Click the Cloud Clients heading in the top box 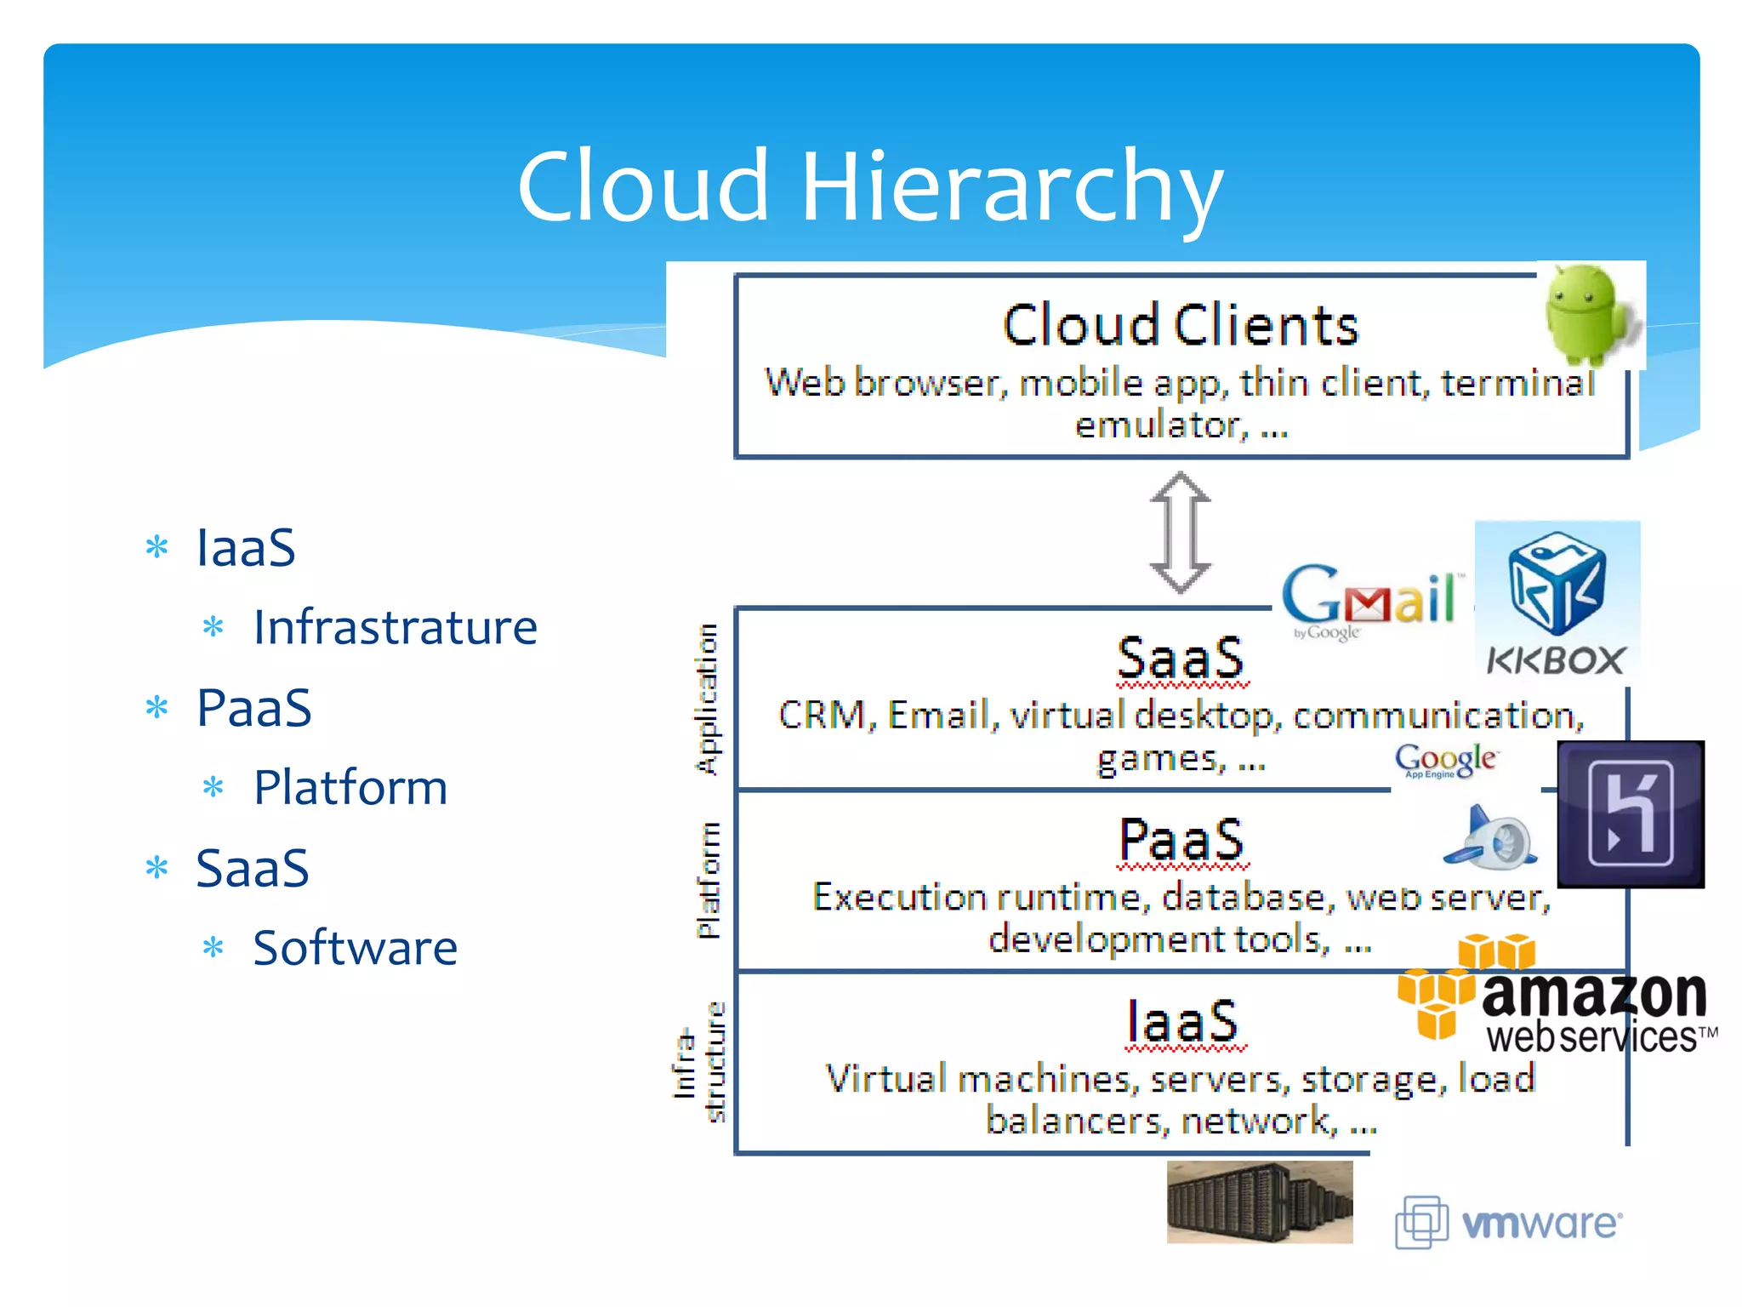(x=1180, y=325)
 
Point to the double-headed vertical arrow (x=1180, y=533)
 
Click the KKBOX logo (x=1557, y=601)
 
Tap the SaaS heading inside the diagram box (x=1180, y=658)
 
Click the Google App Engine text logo (x=1445, y=759)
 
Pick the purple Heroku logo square (x=1630, y=813)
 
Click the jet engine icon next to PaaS (x=1490, y=837)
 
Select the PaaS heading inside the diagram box (x=1180, y=840)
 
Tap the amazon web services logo (x=1557, y=1000)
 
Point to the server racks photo (x=1259, y=1202)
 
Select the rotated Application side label (x=707, y=699)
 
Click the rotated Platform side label (x=708, y=880)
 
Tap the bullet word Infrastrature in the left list (x=395, y=627)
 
